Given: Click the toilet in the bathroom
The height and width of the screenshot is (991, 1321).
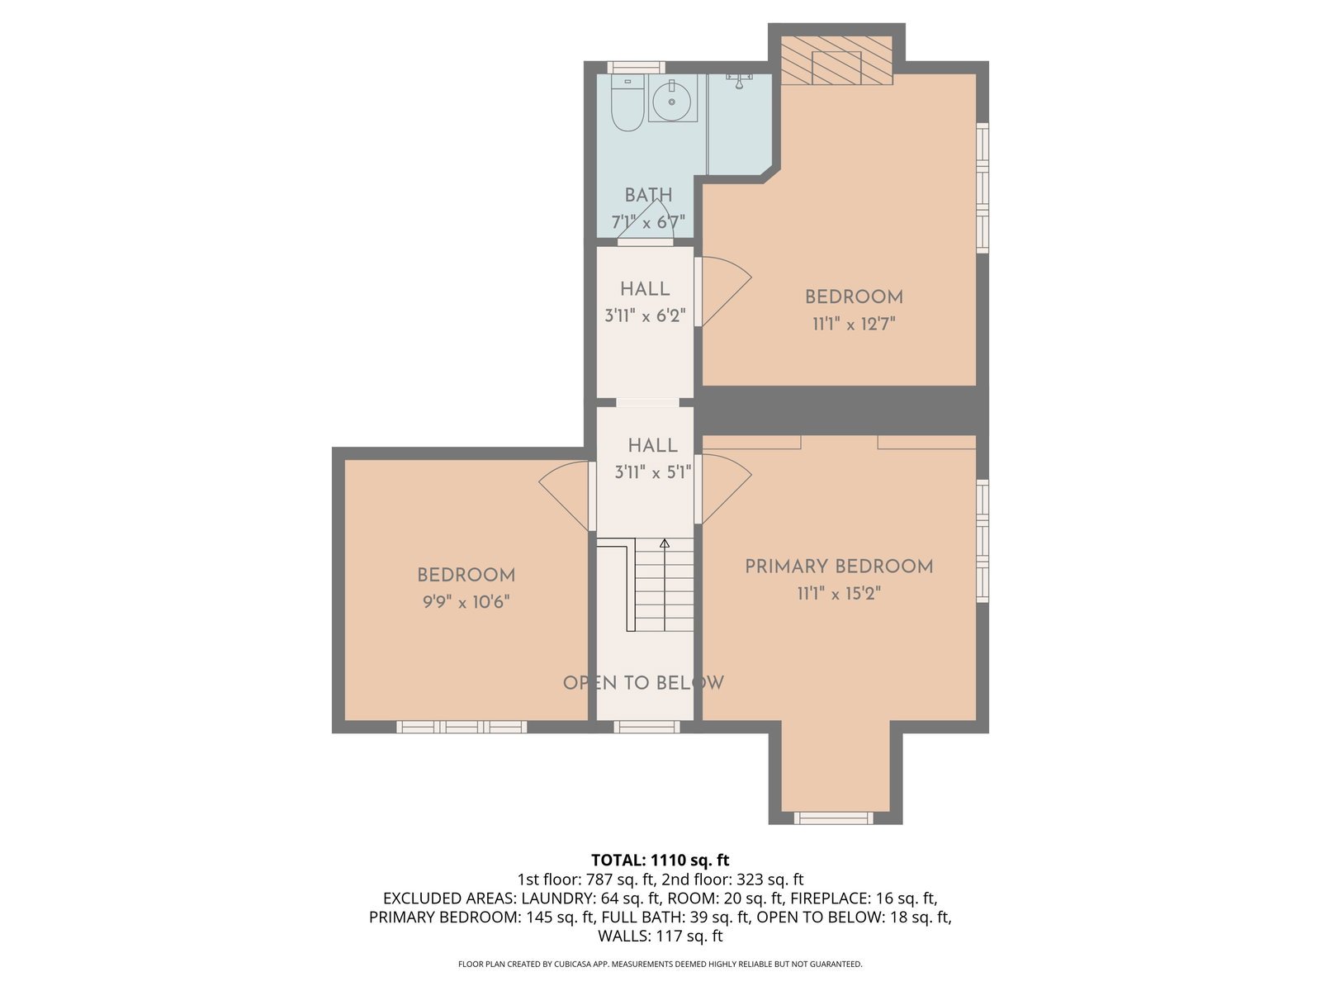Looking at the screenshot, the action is click(x=627, y=102).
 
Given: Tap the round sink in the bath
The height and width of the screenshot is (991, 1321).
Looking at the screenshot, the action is click(x=671, y=102).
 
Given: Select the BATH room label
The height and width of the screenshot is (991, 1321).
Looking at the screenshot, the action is click(x=648, y=195).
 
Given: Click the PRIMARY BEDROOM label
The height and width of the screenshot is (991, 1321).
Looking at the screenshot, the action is click(x=839, y=567).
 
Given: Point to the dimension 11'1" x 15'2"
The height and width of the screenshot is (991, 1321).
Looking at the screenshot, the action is click(x=839, y=594).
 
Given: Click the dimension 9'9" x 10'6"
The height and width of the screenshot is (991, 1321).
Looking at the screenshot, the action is click(x=466, y=602).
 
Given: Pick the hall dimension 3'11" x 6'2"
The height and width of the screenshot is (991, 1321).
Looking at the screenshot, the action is click(x=645, y=316).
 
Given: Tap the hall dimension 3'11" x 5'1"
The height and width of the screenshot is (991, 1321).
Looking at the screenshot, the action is click(x=652, y=472).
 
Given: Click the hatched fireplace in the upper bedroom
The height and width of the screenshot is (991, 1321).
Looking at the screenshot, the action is click(x=836, y=60).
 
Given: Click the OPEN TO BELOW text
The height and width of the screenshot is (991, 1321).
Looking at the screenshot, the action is click(x=643, y=682).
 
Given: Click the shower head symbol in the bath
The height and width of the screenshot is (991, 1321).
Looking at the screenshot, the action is click(x=739, y=81).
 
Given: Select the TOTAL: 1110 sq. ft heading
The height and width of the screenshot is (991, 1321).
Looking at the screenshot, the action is click(x=660, y=860).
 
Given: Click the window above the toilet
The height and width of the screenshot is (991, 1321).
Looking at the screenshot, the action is click(x=636, y=68).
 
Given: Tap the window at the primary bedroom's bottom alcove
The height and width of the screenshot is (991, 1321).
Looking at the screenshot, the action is click(x=834, y=818).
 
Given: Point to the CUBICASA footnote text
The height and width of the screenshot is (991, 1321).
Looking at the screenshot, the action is click(x=660, y=964).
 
